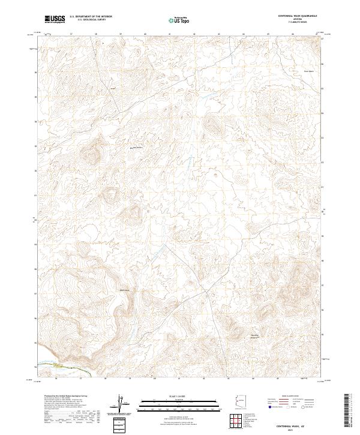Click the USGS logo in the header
click(x=55, y=19)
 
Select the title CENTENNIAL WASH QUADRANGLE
click(x=298, y=16)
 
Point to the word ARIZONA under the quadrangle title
click(x=298, y=19)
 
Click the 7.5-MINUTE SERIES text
click(x=298, y=22)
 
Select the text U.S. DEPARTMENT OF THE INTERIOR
click(x=91, y=16)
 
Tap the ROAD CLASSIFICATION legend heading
click(x=288, y=397)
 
